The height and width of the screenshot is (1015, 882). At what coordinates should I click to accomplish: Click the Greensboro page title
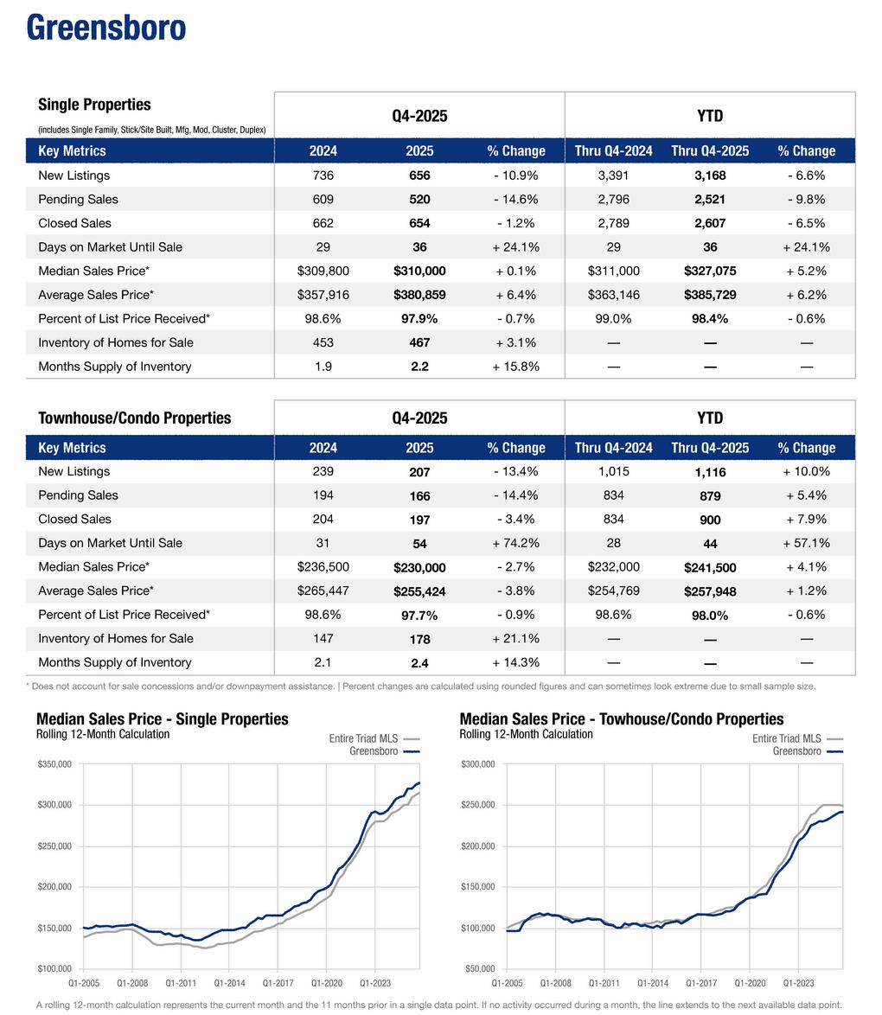tap(106, 28)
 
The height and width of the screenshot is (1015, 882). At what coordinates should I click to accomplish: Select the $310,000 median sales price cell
tap(419, 271)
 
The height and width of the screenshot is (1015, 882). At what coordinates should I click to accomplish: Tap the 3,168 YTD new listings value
tap(709, 176)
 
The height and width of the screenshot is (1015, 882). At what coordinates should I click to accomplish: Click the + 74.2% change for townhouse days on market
tap(515, 543)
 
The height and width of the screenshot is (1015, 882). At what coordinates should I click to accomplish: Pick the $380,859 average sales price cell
tap(419, 295)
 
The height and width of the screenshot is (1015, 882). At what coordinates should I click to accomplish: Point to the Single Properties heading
tap(94, 105)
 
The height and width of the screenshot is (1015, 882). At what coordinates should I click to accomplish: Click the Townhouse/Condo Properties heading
tap(134, 418)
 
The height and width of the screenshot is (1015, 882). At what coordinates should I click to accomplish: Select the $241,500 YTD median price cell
tap(709, 567)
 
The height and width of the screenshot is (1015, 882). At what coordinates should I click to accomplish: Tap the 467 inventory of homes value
tap(419, 342)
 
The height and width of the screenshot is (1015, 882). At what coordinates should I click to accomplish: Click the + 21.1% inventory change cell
tap(515, 639)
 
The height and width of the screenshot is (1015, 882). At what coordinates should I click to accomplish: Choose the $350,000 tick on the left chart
tap(54, 764)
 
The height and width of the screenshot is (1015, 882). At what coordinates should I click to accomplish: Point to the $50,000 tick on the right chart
tap(478, 968)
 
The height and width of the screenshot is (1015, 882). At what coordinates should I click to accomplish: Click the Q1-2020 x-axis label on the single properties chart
tap(327, 983)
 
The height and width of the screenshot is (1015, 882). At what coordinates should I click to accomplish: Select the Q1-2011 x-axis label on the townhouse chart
tap(604, 983)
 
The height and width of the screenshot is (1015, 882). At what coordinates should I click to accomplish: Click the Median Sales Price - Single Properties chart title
tap(163, 719)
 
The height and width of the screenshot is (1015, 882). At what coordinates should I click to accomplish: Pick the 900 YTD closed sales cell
tap(709, 520)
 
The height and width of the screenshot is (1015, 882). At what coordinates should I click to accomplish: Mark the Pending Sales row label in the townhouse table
tap(78, 495)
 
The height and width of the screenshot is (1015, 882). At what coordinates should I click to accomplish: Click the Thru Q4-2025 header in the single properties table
tap(709, 151)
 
